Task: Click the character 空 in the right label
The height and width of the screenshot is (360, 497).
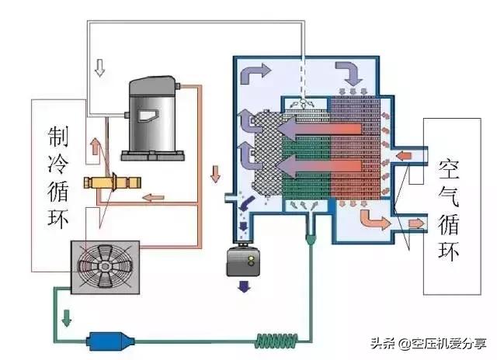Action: (x=448, y=168)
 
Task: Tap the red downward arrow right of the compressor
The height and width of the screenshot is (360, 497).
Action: (x=214, y=173)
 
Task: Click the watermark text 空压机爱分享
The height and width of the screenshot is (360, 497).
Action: (x=451, y=344)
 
